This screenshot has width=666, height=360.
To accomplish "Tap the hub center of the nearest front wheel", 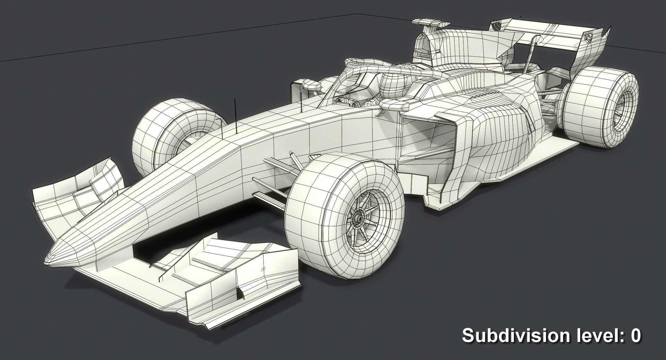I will pyautogui.click(x=357, y=219).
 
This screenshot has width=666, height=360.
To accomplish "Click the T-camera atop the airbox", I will pyautogui.click(x=430, y=24).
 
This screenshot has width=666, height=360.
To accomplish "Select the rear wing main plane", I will pyautogui.click(x=555, y=35).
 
